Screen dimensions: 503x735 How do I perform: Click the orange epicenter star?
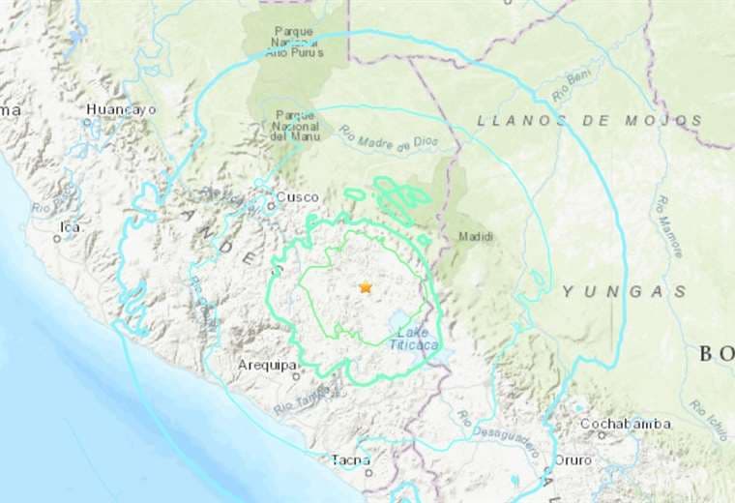tap(365, 287)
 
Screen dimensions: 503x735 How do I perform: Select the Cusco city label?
tap(297, 197)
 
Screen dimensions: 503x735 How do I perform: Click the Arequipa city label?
tap(266, 365)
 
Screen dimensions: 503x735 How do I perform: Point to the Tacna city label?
tap(350, 459)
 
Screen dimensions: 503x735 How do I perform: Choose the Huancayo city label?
tap(121, 109)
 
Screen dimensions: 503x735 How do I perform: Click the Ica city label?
tap(69, 226)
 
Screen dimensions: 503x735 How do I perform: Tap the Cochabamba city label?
tap(626, 424)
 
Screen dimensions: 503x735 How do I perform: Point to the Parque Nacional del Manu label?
tap(295, 126)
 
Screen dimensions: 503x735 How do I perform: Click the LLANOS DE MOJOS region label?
tap(589, 120)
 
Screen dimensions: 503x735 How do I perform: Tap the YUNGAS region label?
tap(625, 290)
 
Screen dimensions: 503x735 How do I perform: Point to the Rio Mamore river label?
tap(671, 226)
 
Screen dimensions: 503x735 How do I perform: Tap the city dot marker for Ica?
tap(57, 238)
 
